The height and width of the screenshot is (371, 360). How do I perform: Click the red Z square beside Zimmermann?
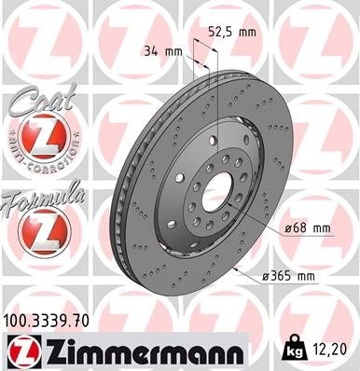point(21,351)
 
